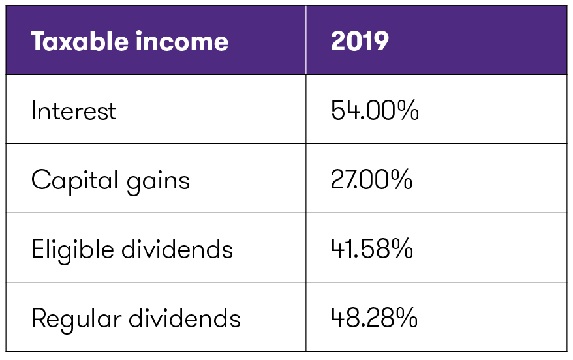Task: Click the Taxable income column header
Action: [129, 42]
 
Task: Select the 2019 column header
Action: [360, 42]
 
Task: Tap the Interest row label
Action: [73, 111]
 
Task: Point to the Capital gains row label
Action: [110, 180]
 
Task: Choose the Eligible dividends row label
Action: [132, 249]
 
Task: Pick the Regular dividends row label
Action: [136, 318]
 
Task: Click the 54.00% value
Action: [374, 111]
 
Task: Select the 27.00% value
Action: [371, 180]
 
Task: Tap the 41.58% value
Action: [372, 249]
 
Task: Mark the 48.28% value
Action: [374, 318]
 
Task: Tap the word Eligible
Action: [68, 249]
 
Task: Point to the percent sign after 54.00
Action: [406, 111]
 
